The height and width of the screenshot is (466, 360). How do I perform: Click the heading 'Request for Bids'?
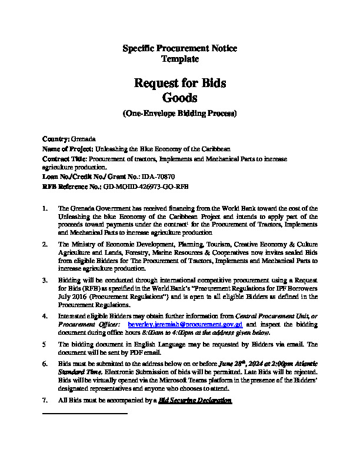pyautogui.click(x=179, y=83)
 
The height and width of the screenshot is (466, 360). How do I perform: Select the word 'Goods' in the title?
pyautogui.click(x=179, y=98)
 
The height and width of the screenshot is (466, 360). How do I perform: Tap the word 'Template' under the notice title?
pyautogui.click(x=179, y=59)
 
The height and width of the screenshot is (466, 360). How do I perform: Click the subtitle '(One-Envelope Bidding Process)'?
pyautogui.click(x=179, y=113)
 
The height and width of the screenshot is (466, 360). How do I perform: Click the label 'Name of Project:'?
pyautogui.click(x=68, y=149)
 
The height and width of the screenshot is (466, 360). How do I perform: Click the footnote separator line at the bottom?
pyautogui.click(x=85, y=414)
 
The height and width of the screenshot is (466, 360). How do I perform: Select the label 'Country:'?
pyautogui.click(x=56, y=139)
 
